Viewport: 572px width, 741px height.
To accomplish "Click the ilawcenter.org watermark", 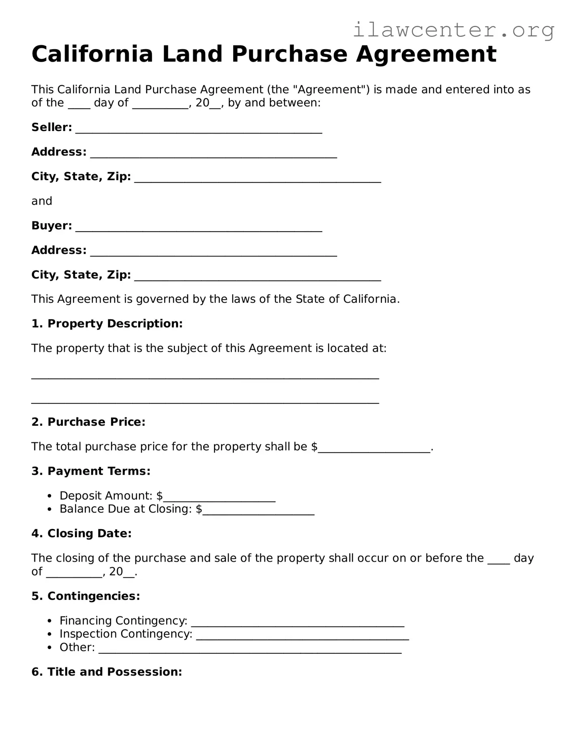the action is (x=453, y=30).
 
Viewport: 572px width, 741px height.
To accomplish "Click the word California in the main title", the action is (x=92, y=54).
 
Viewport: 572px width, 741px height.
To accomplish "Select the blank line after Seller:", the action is (x=199, y=130).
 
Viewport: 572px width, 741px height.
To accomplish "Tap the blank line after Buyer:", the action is (x=199, y=228).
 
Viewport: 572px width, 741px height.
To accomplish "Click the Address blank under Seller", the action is (x=213, y=154).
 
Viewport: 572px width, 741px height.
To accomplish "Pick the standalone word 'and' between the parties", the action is (x=42, y=201).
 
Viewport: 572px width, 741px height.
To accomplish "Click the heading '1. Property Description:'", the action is (x=107, y=324).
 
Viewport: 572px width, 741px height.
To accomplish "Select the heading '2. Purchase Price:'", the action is (x=88, y=422).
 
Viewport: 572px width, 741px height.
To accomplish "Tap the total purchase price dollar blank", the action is (x=374, y=449).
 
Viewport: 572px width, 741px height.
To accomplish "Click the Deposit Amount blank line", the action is (x=219, y=498).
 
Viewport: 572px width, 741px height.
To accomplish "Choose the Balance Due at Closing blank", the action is (x=258, y=511).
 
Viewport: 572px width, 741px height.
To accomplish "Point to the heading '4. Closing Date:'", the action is (x=81, y=534).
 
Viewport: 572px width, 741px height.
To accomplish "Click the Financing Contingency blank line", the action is (x=297, y=623).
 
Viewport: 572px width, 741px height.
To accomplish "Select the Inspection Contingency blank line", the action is (x=302, y=636).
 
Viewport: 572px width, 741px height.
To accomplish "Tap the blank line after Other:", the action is (x=250, y=650).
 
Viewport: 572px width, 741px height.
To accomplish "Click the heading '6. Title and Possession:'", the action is (x=107, y=672).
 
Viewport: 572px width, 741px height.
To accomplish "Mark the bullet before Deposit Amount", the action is (x=49, y=496).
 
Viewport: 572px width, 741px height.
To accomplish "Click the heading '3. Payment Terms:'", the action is (x=91, y=471).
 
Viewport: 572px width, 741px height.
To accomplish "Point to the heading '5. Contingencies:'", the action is (x=86, y=596).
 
